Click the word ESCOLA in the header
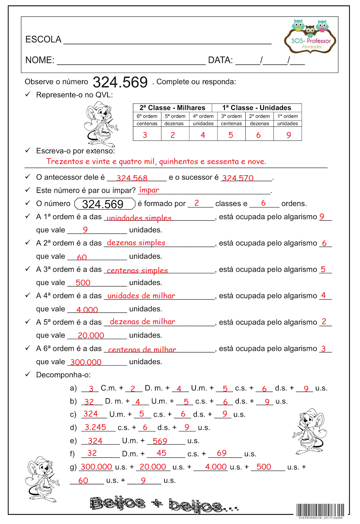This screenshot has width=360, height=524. click(x=43, y=40)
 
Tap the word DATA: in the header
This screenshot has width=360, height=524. click(x=220, y=60)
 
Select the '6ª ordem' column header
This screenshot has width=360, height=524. click(x=147, y=116)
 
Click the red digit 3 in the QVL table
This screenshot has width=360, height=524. click(x=145, y=135)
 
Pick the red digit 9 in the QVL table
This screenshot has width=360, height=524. click(x=288, y=135)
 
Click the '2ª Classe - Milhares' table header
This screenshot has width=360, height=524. click(x=172, y=108)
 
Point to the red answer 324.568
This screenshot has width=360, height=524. click(x=132, y=178)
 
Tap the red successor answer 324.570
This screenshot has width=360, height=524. click(x=238, y=178)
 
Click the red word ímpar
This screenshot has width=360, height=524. click(x=149, y=190)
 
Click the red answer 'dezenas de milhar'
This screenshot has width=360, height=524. click(x=142, y=322)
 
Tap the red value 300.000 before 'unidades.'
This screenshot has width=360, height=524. click(x=86, y=362)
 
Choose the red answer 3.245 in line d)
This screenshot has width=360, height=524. click(x=95, y=427)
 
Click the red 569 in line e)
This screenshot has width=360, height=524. click(x=160, y=441)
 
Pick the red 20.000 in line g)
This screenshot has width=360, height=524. click(x=153, y=467)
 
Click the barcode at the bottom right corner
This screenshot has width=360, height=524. click(x=320, y=510)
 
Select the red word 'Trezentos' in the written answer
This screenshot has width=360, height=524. click(x=65, y=161)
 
